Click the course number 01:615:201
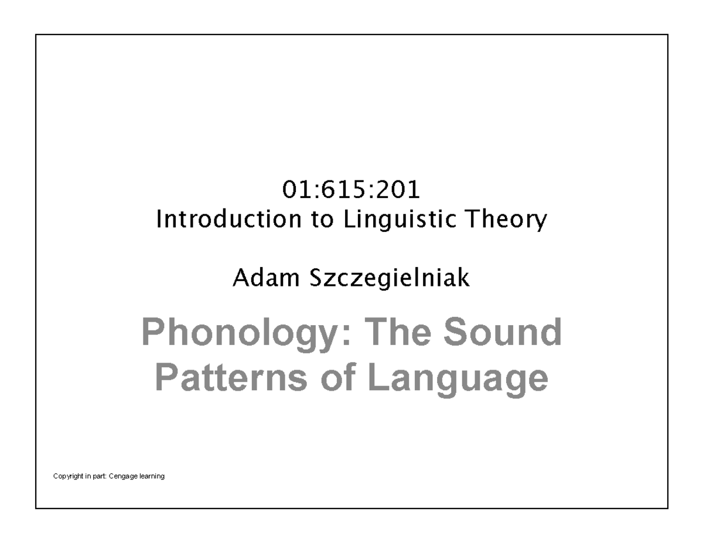coord(351,190)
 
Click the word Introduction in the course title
coord(229,219)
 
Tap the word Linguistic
coord(400,220)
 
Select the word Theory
coord(506,220)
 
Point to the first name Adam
coord(266,278)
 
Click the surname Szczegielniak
coord(390,278)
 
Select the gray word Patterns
coord(231,377)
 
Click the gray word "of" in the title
coord(338,377)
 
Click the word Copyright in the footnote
coord(68,476)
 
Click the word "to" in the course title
coord(323,220)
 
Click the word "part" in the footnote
coord(100,477)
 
